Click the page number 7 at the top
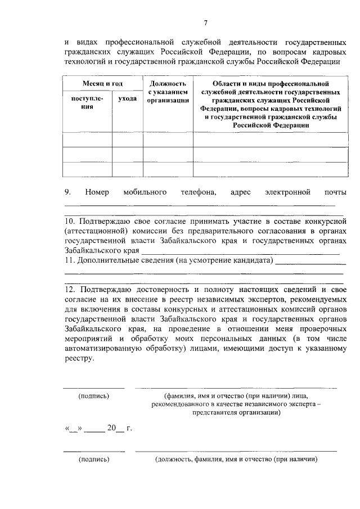coord(205,23)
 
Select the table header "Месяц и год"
coord(102,83)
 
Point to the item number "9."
coord(67,192)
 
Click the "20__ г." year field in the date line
coord(120,429)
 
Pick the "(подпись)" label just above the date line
coord(93,395)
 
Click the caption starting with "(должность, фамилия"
coord(236,459)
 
